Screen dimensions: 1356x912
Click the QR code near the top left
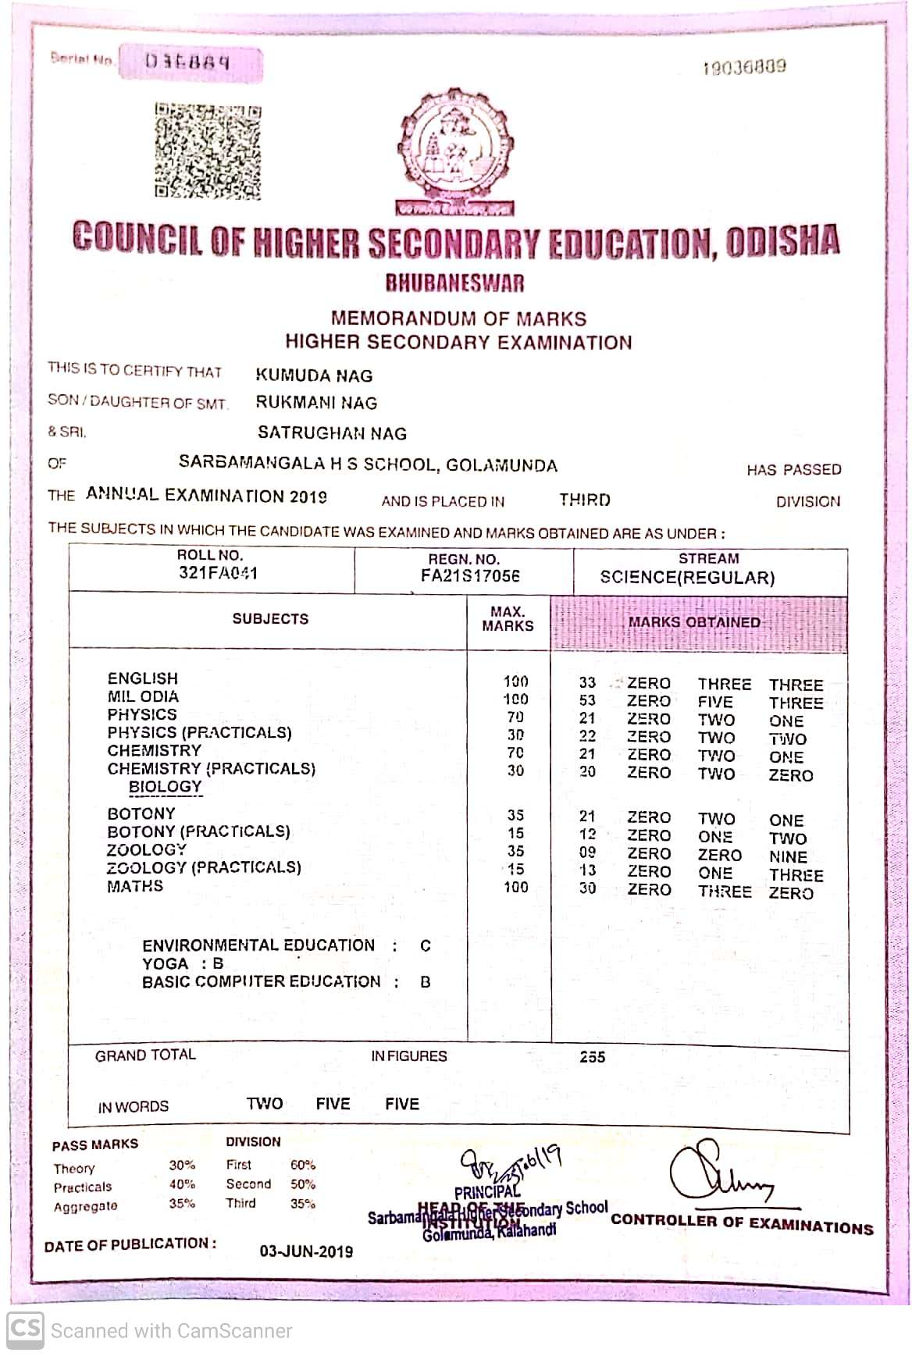(207, 151)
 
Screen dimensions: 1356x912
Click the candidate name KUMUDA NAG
(314, 375)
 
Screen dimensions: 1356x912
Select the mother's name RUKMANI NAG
(316, 403)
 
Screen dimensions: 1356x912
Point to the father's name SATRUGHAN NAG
(332, 433)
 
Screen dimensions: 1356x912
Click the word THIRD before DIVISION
(585, 500)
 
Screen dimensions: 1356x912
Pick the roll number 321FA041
(218, 573)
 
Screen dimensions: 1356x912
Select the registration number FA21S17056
(470, 576)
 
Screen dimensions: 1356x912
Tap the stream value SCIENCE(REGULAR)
(687, 578)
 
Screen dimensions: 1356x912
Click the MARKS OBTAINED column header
(694, 622)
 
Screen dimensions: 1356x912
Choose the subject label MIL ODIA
(143, 696)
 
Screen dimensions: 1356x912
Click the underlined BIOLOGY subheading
(165, 787)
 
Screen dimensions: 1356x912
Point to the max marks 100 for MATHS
(515, 888)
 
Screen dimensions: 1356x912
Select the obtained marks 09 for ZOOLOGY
(587, 853)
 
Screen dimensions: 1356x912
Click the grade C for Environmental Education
(425, 946)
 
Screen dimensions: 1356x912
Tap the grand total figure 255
(592, 1057)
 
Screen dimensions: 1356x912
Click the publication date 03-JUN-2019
(306, 1251)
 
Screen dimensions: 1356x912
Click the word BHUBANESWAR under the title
(455, 283)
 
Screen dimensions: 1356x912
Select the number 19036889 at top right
(743, 67)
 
